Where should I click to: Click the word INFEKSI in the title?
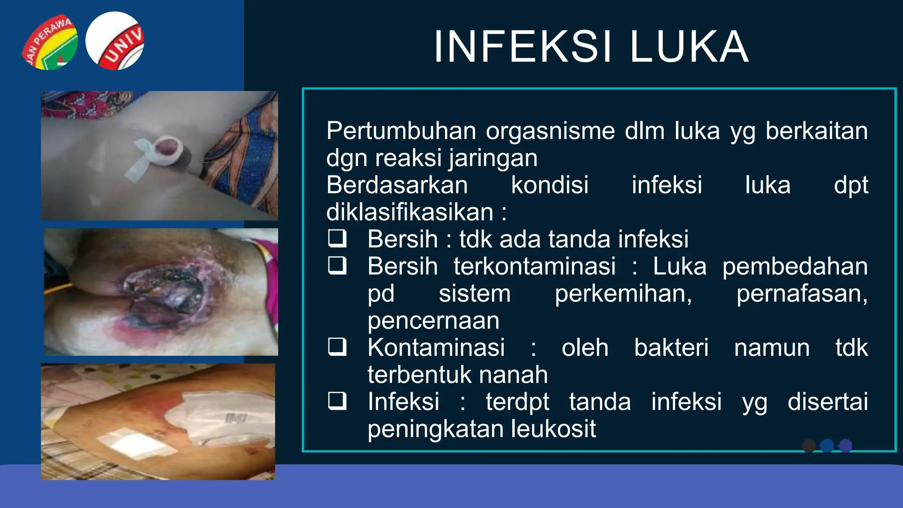[523, 47]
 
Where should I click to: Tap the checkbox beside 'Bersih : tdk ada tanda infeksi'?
[337, 239]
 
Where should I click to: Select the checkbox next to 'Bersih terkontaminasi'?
[337, 265]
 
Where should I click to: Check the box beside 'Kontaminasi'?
[337, 347]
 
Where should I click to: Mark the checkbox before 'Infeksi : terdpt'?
[337, 401]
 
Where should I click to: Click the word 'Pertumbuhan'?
[401, 131]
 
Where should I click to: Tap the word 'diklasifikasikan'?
[410, 212]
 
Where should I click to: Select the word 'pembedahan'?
[795, 266]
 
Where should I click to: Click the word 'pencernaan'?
[433, 321]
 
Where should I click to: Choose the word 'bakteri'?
[671, 347]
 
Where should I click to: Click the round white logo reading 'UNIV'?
[115, 41]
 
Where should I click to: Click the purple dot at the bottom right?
[845, 446]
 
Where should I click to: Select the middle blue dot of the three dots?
[827, 446]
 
